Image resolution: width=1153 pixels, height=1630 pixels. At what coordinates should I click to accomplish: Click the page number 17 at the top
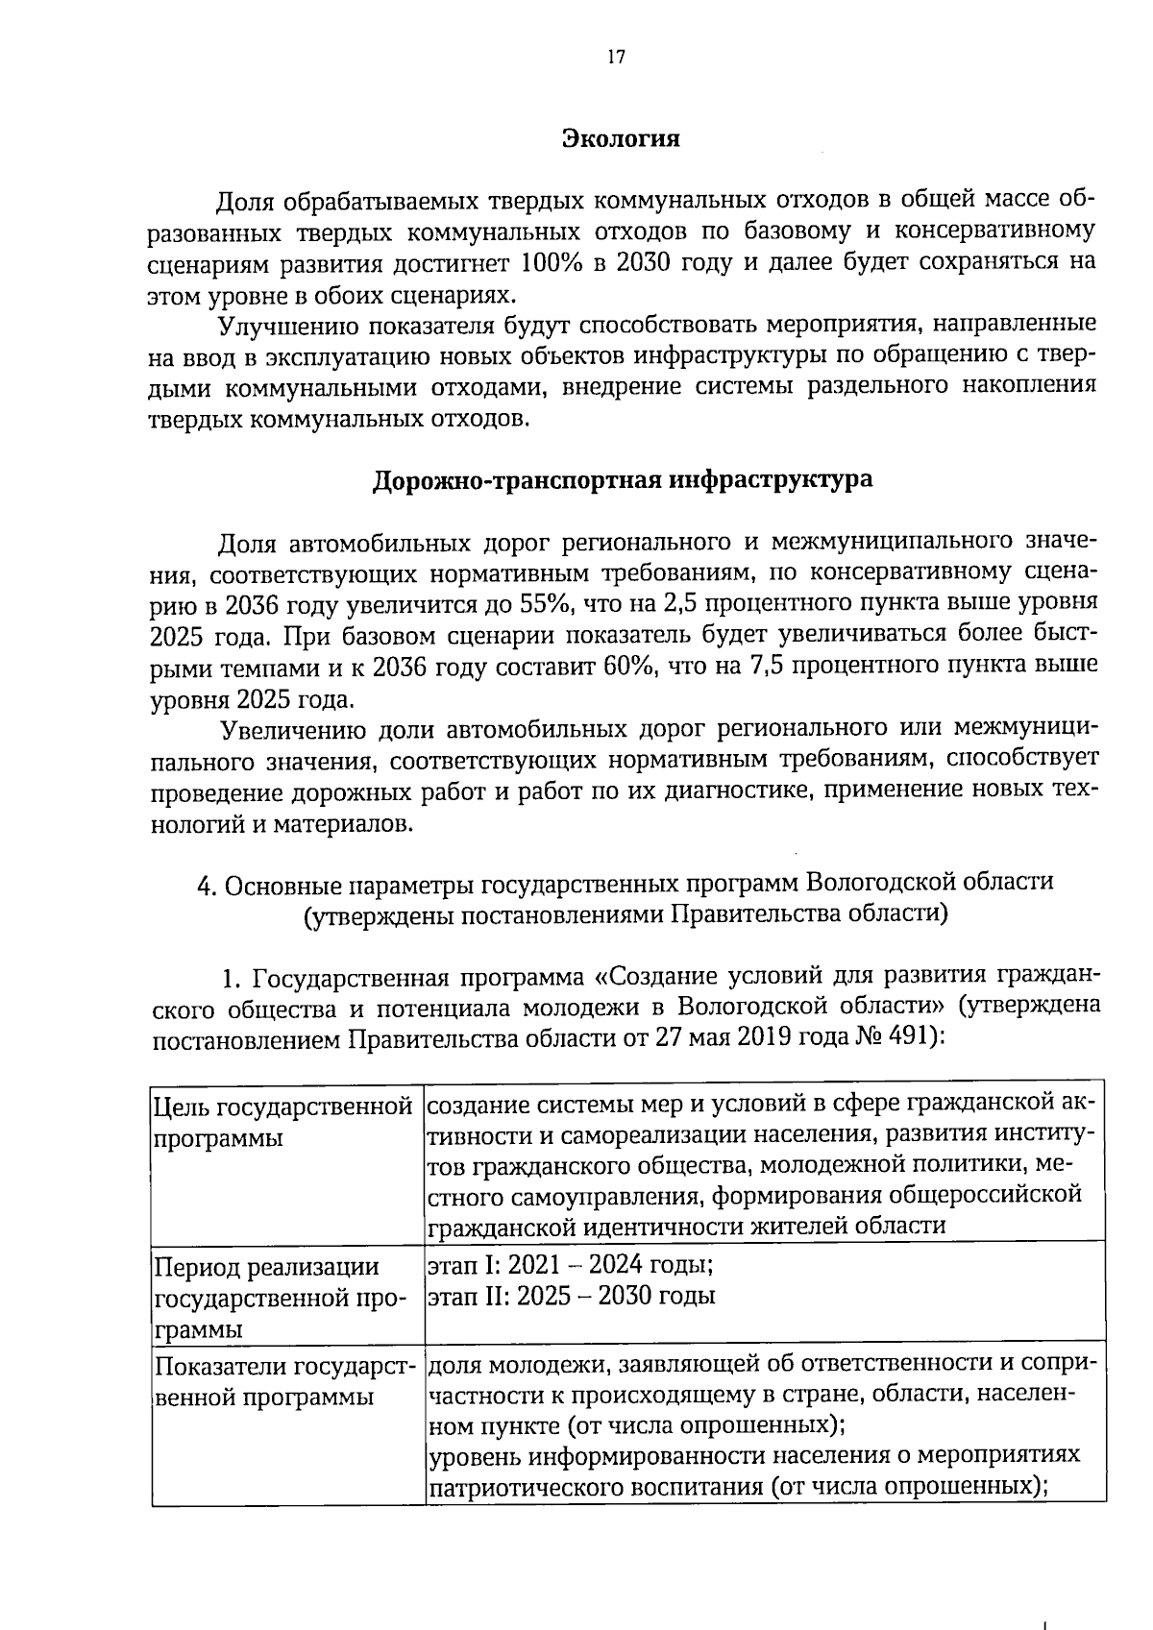click(616, 57)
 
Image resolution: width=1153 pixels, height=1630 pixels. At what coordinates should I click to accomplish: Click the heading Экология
click(621, 138)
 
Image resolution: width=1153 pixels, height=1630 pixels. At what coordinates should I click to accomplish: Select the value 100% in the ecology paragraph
click(552, 262)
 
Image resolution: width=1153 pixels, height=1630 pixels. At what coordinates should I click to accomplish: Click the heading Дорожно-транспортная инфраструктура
click(623, 479)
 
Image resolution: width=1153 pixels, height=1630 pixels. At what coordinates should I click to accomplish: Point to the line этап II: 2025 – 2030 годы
click(571, 1296)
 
